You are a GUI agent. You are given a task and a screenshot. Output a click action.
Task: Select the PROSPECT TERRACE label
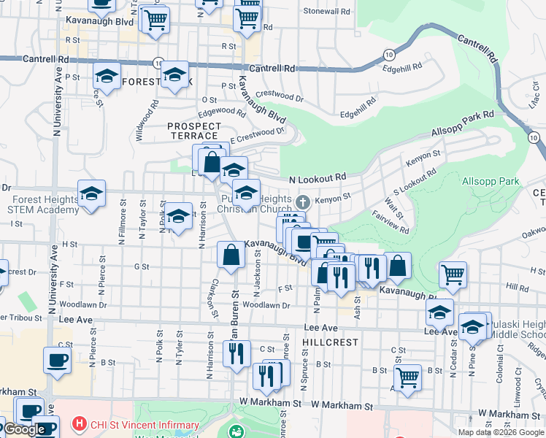pos(193,131)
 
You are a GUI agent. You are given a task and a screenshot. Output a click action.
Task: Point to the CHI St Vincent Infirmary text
pos(144,425)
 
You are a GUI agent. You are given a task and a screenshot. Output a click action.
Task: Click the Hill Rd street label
pos(516,288)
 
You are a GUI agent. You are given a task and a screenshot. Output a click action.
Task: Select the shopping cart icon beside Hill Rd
pos(453,274)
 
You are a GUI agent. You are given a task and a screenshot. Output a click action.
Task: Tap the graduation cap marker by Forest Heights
pos(91,193)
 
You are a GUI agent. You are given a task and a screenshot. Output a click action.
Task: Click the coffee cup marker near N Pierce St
pos(58,359)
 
